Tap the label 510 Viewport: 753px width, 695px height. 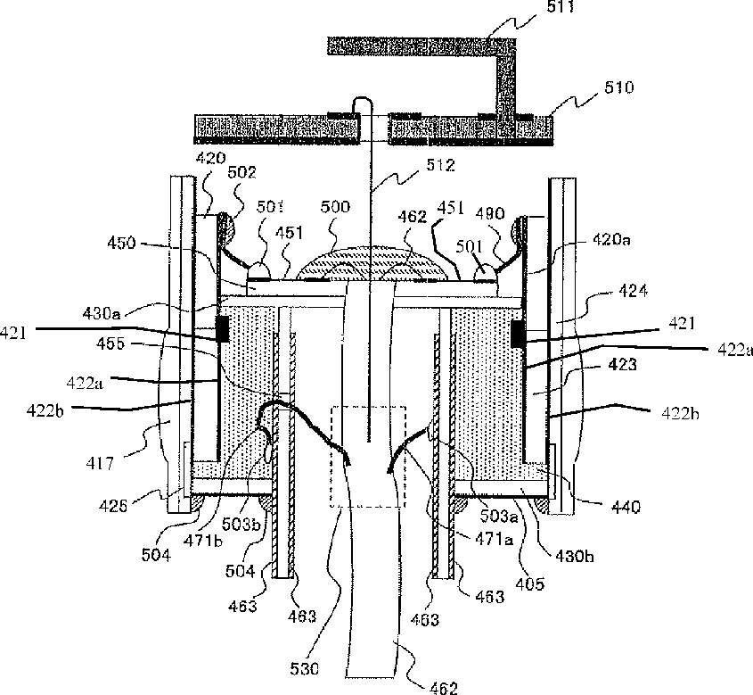pyautogui.click(x=618, y=88)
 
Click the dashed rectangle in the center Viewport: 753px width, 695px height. pyautogui.click(x=368, y=457)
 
